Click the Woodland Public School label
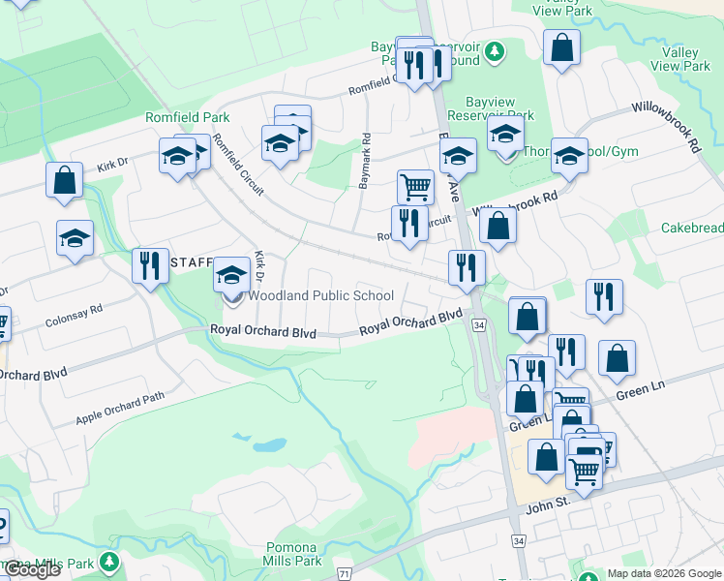pyautogui.click(x=320, y=295)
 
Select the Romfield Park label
pyautogui.click(x=187, y=117)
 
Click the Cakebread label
pyautogui.click(x=691, y=228)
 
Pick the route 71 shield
pyautogui.click(x=344, y=574)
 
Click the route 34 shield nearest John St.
pyautogui.click(x=519, y=539)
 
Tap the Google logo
pyautogui.click(x=31, y=569)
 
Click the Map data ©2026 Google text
pyautogui.click(x=664, y=573)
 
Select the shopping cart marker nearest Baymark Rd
pyautogui.click(x=415, y=185)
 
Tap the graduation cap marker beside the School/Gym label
pyautogui.click(x=569, y=154)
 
